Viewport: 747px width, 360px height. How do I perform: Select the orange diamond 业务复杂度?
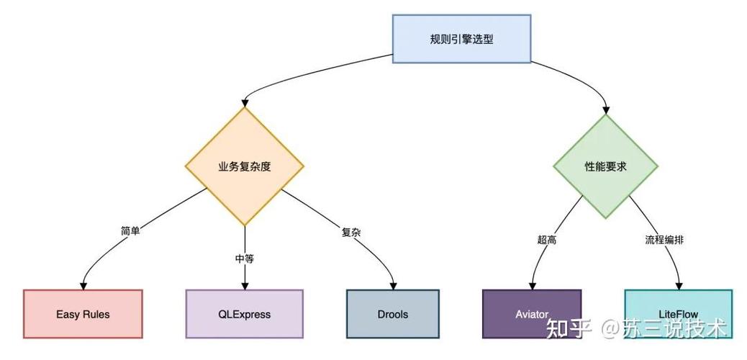click(x=244, y=166)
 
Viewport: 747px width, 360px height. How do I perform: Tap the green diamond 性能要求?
click(x=605, y=166)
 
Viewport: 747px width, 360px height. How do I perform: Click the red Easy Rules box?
click(x=83, y=314)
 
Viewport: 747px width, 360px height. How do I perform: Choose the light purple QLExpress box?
click(x=244, y=314)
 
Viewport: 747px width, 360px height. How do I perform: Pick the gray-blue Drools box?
click(x=392, y=314)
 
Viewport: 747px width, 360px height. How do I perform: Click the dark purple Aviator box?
click(x=531, y=314)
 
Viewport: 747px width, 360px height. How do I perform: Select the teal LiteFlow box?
click(x=678, y=314)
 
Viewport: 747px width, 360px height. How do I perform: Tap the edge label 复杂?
click(x=350, y=233)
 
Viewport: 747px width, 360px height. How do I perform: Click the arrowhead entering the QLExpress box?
click(x=245, y=285)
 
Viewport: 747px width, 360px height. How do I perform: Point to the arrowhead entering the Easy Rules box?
click(x=83, y=285)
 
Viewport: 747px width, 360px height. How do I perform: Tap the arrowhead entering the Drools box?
click(x=393, y=285)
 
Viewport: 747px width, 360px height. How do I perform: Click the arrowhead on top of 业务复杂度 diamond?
click(x=245, y=103)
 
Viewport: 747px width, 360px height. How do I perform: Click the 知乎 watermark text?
click(x=569, y=329)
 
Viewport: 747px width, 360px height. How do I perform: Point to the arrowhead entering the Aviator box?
click(x=532, y=285)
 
